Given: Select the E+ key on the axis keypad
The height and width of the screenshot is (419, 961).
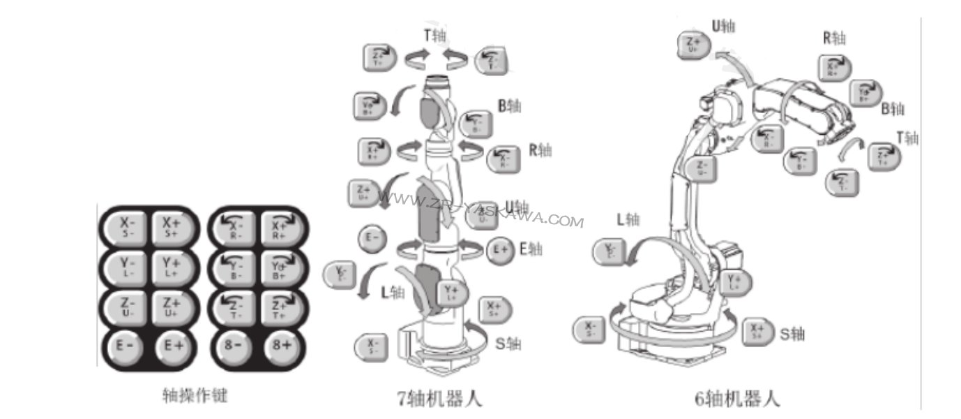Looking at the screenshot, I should pos(172,344).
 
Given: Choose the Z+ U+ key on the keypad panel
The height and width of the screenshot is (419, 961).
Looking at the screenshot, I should pos(172,307).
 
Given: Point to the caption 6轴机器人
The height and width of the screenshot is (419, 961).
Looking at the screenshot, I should pos(738,398).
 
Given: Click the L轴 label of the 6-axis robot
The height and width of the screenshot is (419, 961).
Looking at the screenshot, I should pos(628,219).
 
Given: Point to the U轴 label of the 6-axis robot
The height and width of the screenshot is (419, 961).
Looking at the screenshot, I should pos(722,27).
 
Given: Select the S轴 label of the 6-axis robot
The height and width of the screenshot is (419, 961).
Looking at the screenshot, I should pos(792,334).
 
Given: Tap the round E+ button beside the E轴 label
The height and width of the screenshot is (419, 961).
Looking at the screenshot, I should pos(499,249).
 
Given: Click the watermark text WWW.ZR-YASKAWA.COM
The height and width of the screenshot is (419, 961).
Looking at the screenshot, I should pos(480,210).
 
